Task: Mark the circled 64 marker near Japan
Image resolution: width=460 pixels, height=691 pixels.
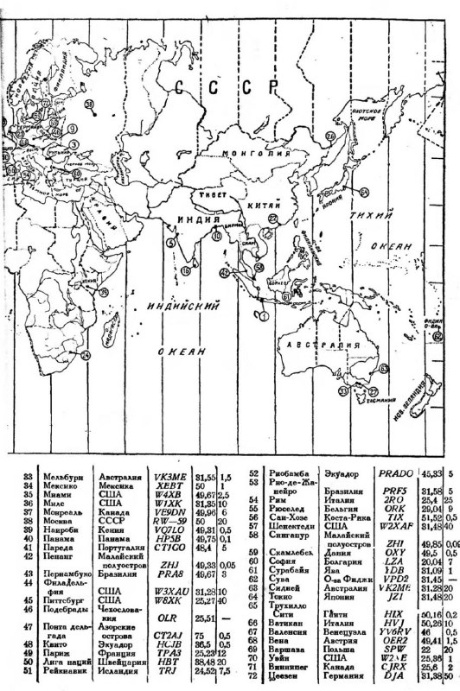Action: [364, 192]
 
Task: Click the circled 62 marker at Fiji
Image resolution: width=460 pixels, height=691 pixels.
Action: [438, 336]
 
